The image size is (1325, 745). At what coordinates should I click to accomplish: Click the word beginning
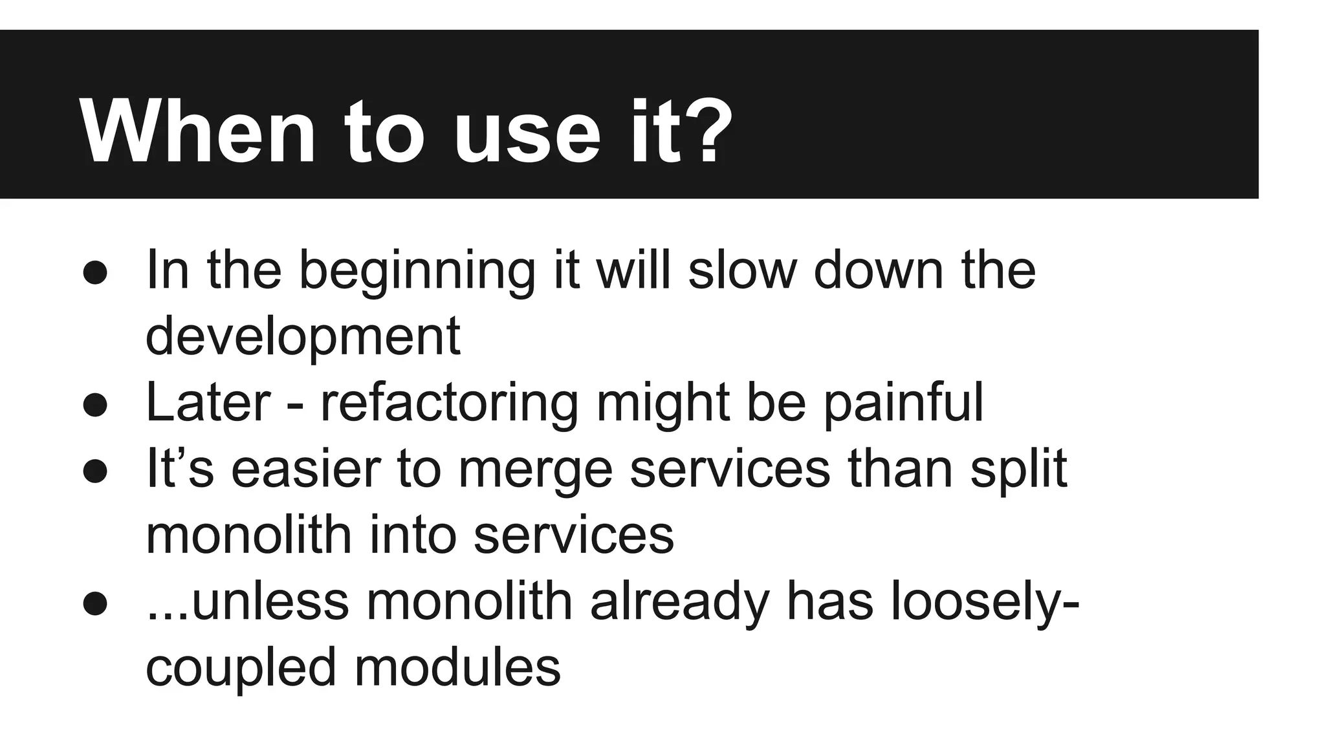(417, 272)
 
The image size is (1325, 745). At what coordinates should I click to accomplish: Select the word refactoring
(450, 404)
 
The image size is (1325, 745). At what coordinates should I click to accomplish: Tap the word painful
(903, 404)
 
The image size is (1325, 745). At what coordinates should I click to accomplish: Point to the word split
(1018, 470)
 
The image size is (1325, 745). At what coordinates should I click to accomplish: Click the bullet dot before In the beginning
(95, 272)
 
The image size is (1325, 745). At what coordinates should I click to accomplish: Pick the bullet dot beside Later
(95, 405)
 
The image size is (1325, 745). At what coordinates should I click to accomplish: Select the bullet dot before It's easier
(95, 471)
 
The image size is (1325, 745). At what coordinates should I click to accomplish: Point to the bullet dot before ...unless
(95, 603)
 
